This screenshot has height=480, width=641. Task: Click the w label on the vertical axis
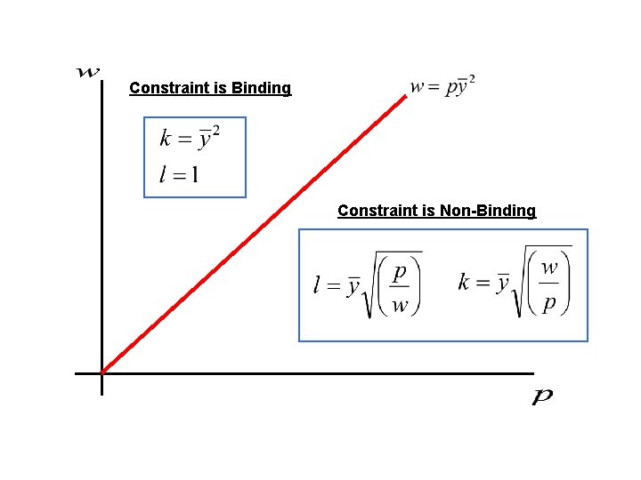pos(88,72)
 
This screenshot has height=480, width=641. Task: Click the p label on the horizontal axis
pos(542,396)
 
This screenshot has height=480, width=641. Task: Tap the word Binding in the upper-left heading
pos(261,88)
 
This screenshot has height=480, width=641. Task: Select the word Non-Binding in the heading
pos(488,211)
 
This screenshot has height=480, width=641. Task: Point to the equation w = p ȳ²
pos(442,86)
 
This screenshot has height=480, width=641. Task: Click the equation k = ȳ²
pos(190,138)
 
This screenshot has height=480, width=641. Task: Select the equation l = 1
pos(179,174)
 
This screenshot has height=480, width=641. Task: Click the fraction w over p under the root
pos(549,284)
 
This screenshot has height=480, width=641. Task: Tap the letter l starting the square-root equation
pos(317,284)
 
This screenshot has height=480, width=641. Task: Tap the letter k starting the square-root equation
pos(464,283)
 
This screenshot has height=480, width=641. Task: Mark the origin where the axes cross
pos(102,373)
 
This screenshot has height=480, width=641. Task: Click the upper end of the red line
pos(405,97)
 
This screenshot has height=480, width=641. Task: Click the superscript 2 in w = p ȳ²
pos(472,79)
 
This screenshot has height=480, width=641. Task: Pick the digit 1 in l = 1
pos(194,174)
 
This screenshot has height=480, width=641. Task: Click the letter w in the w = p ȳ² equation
pos(417,87)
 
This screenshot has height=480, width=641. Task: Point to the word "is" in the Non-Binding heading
pos(427,211)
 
